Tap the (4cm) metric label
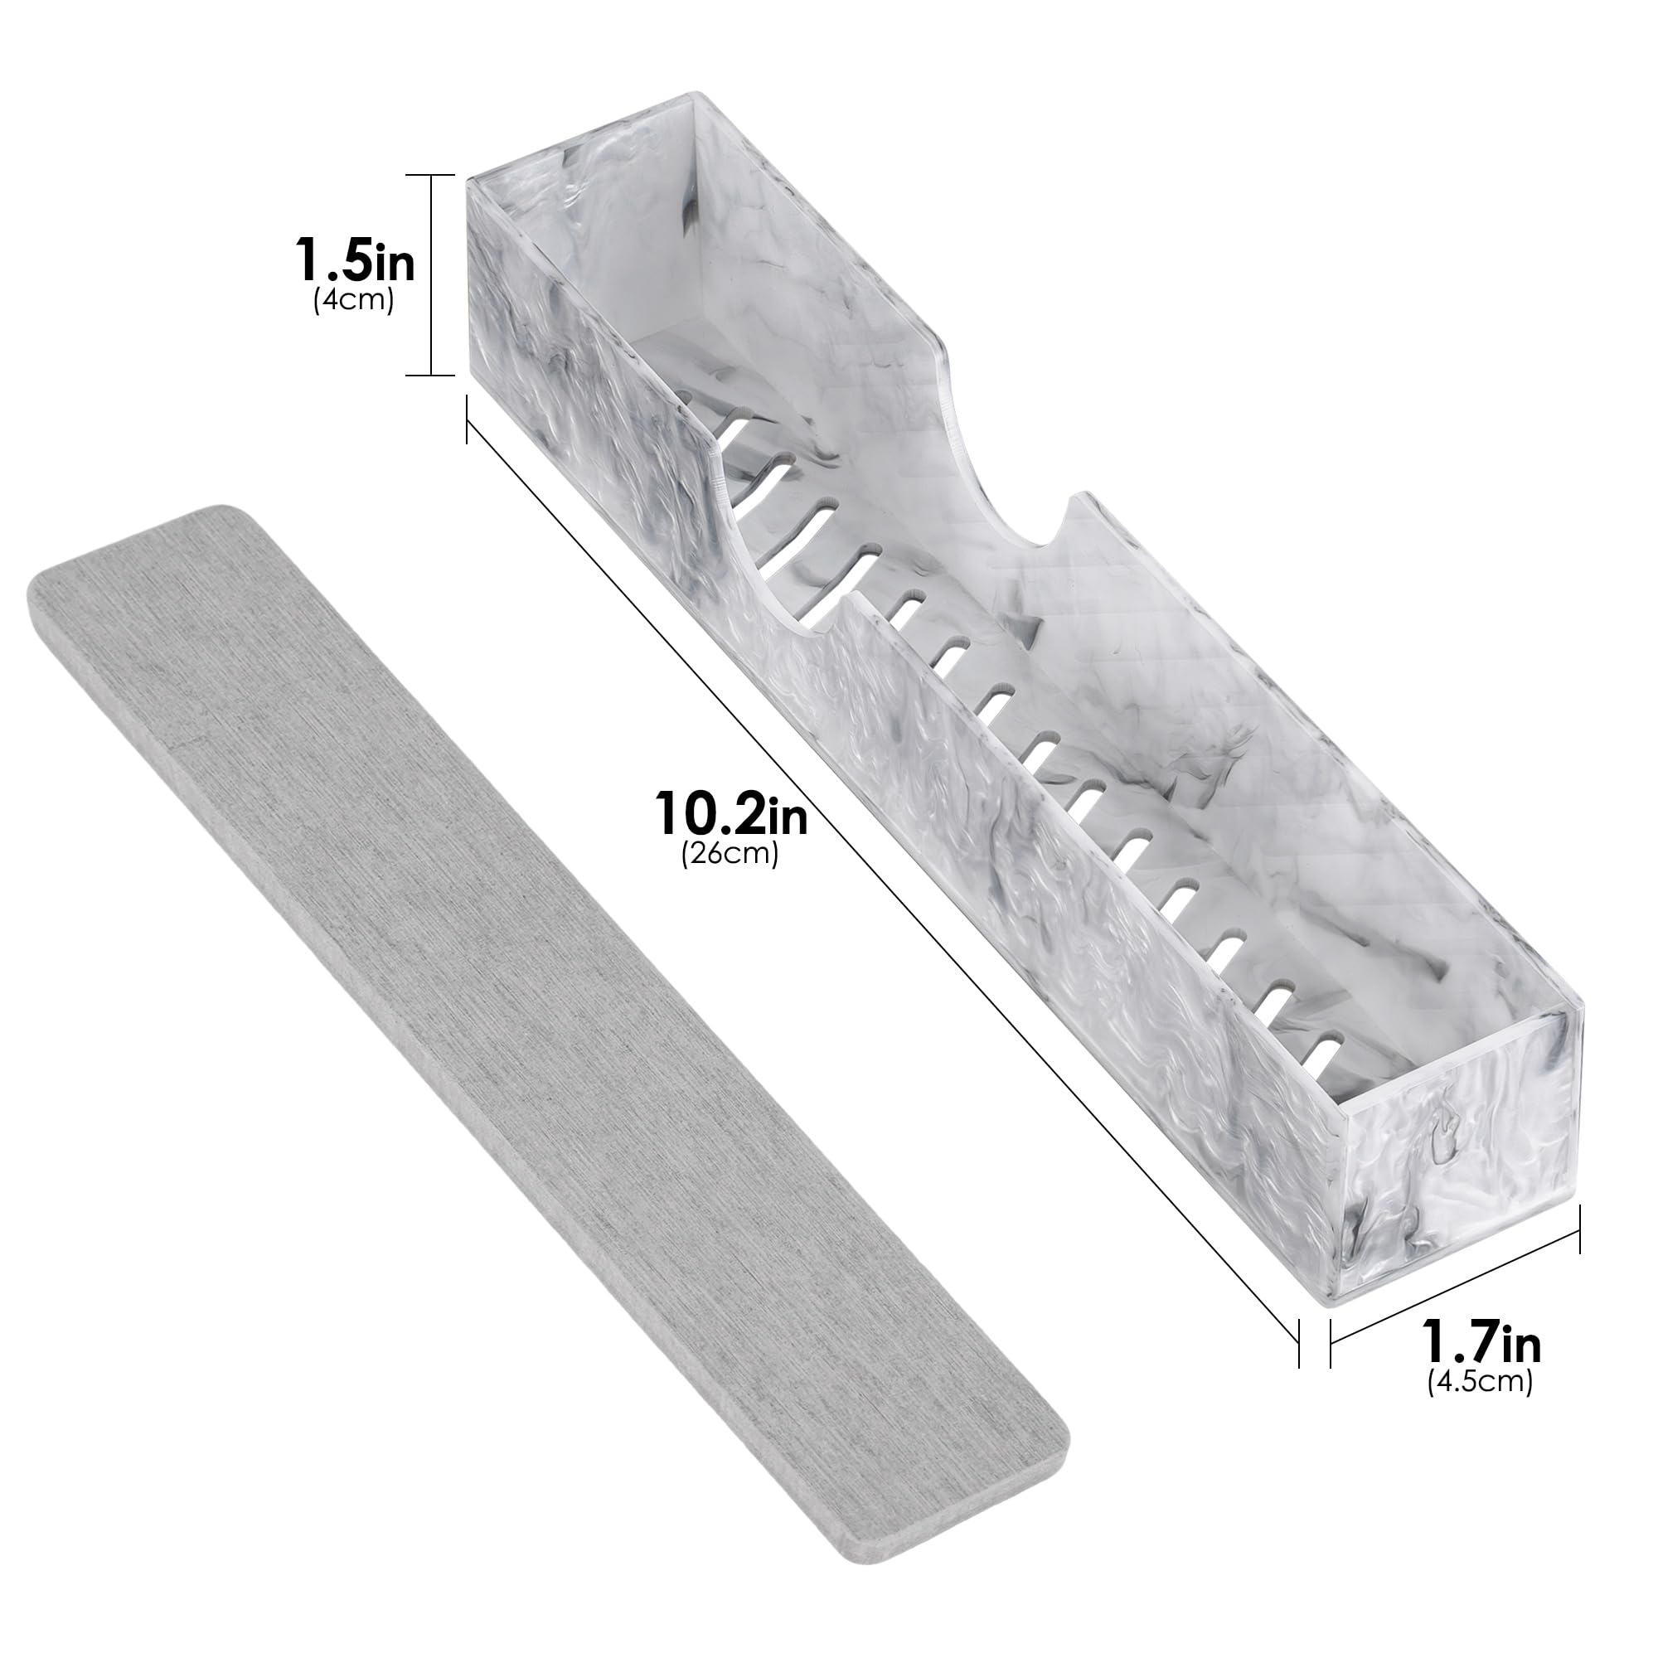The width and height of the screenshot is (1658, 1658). tap(354, 301)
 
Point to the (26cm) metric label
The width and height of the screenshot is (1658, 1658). tap(730, 856)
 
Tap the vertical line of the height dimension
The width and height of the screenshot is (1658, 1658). tap(430, 274)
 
